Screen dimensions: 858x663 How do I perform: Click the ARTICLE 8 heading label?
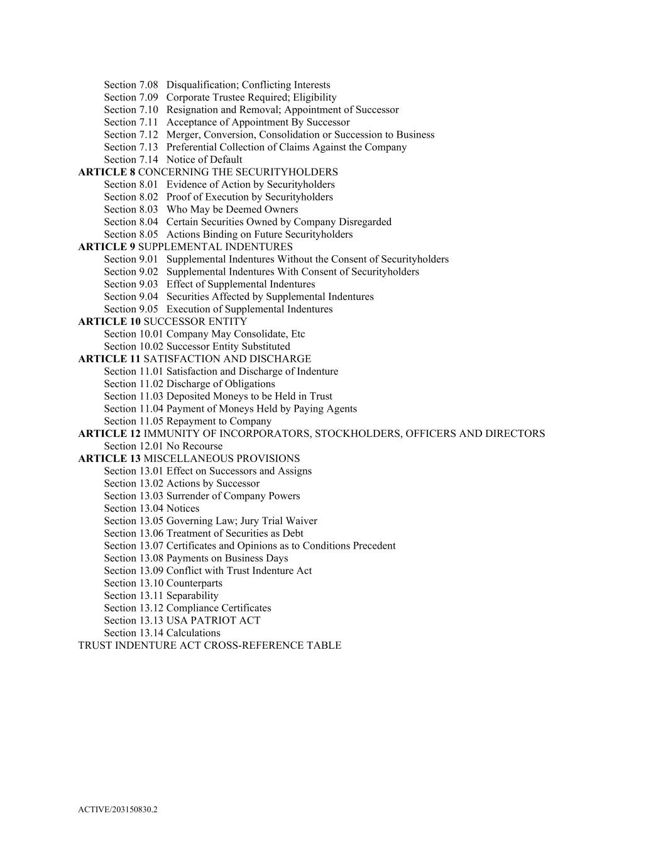[106, 172]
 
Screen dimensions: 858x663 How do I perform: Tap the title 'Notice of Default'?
[204, 160]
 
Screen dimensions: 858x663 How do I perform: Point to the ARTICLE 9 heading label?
[106, 246]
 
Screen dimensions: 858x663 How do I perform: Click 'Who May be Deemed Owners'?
[232, 209]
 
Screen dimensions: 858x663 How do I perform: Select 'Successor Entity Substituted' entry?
[228, 346]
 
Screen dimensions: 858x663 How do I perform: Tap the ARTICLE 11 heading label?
[109, 359]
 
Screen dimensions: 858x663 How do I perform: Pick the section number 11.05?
[133, 421]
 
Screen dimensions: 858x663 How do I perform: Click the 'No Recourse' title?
[194, 446]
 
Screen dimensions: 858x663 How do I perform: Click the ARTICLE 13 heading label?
[109, 458]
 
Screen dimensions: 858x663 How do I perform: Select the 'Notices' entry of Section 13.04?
[182, 509]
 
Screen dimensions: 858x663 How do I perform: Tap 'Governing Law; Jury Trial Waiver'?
[241, 521]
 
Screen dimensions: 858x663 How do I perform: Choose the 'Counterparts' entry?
[194, 583]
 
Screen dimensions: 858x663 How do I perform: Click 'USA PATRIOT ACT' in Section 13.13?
[213, 620]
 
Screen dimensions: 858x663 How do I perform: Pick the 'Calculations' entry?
[193, 633]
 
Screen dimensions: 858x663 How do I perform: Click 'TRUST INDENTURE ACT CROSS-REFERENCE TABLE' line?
[209, 646]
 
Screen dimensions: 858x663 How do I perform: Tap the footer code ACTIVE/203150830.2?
[118, 810]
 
